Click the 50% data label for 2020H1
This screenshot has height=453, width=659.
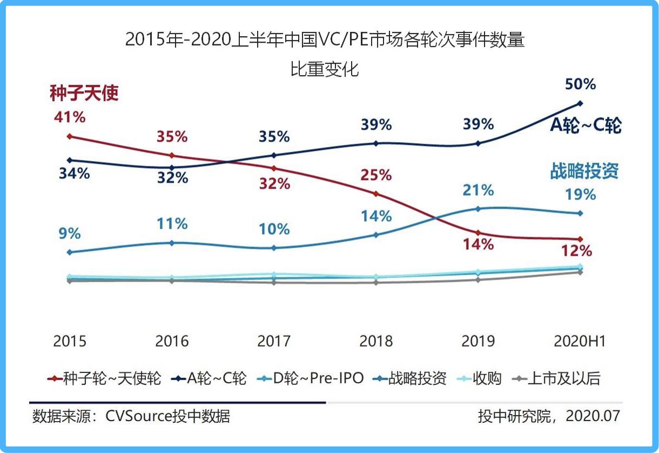tap(580, 84)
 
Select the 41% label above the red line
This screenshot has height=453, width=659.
tap(69, 117)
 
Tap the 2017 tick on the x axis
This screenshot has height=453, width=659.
tap(274, 342)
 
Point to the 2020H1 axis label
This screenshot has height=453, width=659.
tap(580, 342)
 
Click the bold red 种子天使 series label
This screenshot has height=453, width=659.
tap(84, 94)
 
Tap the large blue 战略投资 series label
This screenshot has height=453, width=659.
tap(584, 171)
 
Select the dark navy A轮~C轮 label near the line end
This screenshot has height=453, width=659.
tap(586, 125)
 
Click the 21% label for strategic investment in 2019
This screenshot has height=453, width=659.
tap(479, 190)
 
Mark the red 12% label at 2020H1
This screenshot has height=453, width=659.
tap(580, 251)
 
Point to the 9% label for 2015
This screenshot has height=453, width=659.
tap(69, 234)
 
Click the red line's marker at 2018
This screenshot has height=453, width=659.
tap(376, 194)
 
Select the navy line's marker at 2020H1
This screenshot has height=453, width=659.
tap(580, 103)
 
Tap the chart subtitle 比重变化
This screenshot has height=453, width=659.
tap(325, 70)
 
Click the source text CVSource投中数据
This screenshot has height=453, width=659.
tap(167, 416)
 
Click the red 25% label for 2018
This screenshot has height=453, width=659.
tap(376, 175)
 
